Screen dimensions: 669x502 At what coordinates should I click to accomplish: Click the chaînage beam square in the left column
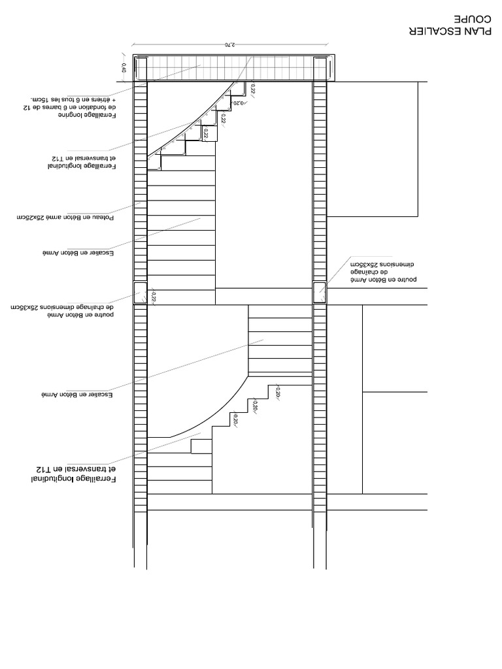141,293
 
